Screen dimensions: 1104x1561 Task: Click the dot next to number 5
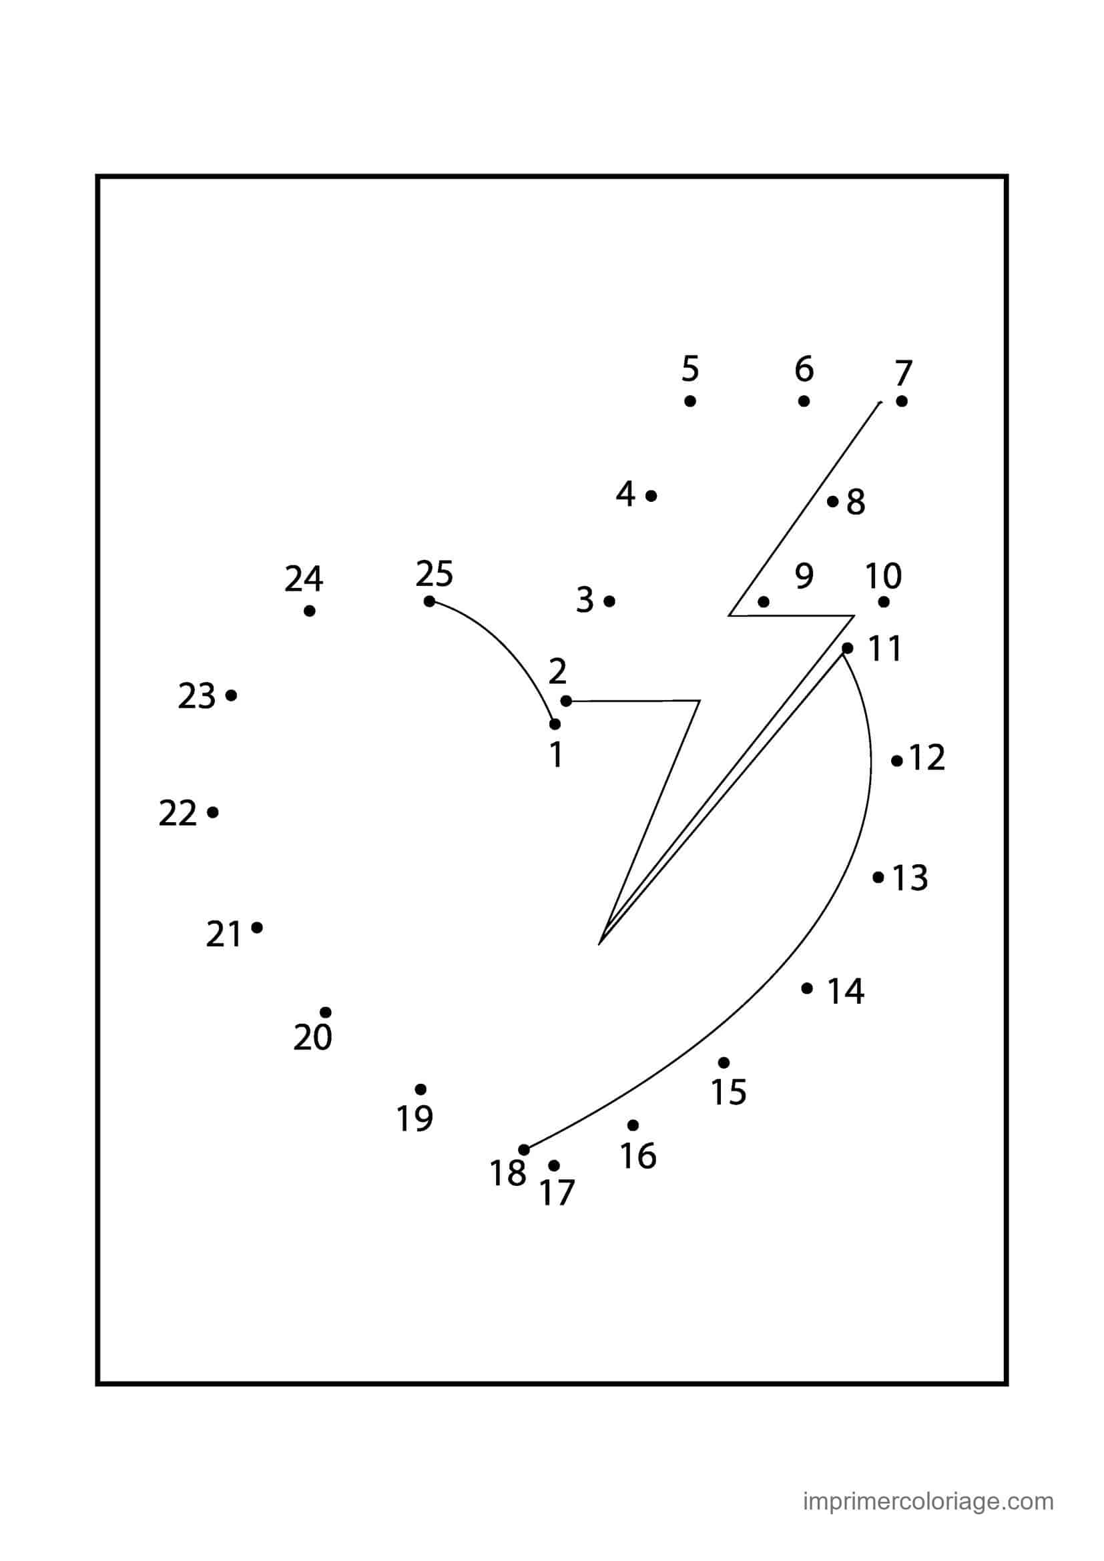click(x=690, y=401)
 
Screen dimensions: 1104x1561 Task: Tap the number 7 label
click(x=903, y=373)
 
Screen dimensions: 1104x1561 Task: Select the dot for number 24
click(x=309, y=611)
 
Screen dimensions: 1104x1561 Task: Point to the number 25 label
click(x=435, y=573)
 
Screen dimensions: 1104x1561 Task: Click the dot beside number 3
click(x=609, y=601)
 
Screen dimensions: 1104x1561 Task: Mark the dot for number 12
click(x=897, y=761)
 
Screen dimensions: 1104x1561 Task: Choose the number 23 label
click(x=196, y=696)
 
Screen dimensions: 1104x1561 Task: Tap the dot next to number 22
click(x=213, y=812)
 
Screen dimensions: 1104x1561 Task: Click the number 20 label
click(x=312, y=1038)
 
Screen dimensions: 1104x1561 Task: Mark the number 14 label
click(x=846, y=991)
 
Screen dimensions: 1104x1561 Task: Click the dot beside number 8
click(x=833, y=502)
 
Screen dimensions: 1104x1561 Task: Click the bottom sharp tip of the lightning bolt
click(x=599, y=944)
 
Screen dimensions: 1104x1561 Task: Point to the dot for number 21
click(x=257, y=928)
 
